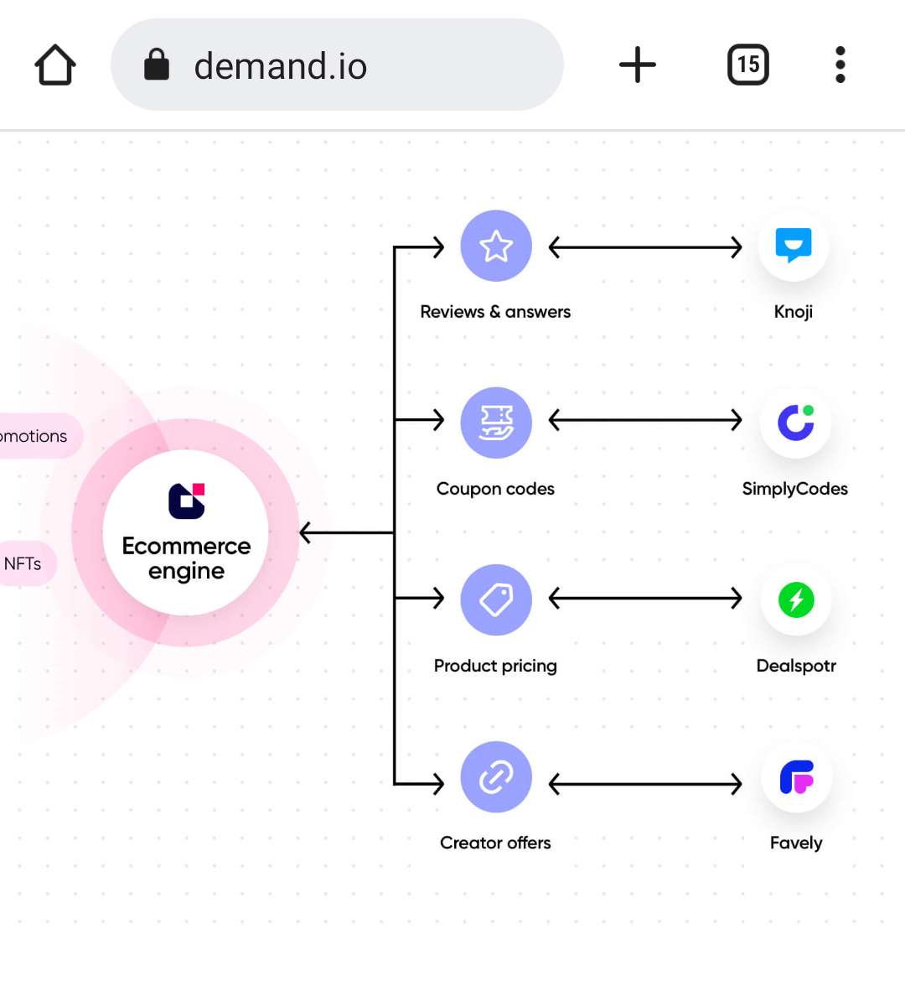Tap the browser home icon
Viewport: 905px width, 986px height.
pos(55,65)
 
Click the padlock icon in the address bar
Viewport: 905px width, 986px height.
pos(157,65)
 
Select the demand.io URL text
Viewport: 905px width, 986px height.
pos(281,66)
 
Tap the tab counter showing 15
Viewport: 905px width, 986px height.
pos(747,65)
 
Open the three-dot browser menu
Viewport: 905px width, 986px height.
pos(840,65)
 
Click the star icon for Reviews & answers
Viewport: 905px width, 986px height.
pos(496,246)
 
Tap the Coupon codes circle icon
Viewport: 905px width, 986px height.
pos(496,423)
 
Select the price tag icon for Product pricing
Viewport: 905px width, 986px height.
pos(496,599)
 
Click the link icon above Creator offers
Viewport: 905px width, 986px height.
pos(496,777)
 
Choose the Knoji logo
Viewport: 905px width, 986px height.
pos(794,246)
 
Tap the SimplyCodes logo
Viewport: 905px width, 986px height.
pos(795,423)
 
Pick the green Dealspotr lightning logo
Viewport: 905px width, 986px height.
pos(796,599)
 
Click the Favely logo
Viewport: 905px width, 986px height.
pos(796,777)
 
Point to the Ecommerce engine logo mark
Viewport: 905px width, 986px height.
pos(186,501)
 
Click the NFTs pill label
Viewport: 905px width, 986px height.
pos(23,563)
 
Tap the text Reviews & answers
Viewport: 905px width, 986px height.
pos(495,312)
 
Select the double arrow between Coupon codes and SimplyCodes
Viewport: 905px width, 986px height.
pos(645,419)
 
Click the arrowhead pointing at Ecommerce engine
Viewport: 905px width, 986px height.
pos(307,532)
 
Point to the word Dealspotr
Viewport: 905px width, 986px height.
pos(796,666)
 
